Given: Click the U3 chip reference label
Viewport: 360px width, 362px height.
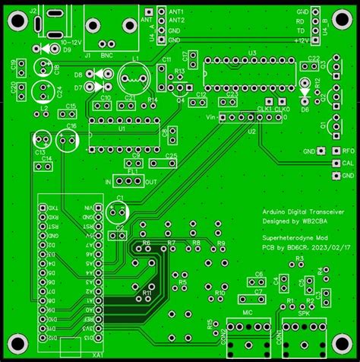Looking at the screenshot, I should click(241, 53).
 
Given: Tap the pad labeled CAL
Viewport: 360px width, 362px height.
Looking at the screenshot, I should click(333, 163).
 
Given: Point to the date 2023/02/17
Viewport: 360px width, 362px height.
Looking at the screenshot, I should click(333, 247).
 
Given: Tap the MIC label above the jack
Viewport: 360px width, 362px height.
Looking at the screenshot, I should click(248, 313).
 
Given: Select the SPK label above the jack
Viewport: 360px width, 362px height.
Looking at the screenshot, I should click(302, 313).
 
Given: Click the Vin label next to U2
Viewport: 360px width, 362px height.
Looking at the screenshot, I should click(211, 116).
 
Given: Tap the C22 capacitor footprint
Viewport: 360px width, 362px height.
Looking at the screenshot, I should click(313, 66).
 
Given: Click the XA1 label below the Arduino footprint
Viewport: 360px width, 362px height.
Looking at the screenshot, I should click(97, 354).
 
